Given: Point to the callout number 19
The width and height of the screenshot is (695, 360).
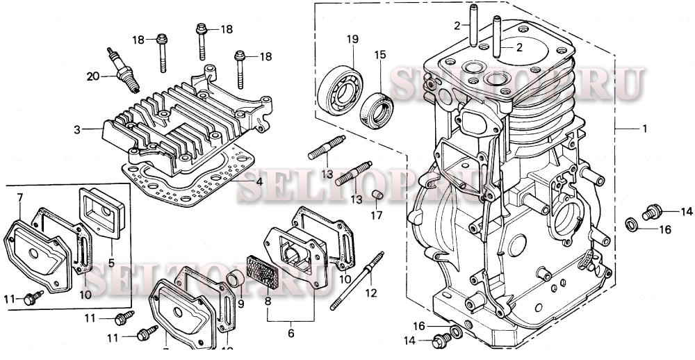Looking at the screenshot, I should point(352,40).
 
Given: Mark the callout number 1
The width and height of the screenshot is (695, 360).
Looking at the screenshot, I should point(644,129).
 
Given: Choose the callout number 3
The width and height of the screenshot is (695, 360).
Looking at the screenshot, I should point(78,129).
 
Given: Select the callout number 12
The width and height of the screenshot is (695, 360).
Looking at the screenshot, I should point(370,293).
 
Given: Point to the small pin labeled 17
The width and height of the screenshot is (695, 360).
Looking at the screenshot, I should point(376,194).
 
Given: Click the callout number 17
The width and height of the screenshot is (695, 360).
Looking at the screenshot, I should point(376,215).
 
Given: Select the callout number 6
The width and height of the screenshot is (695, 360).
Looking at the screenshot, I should point(291,334).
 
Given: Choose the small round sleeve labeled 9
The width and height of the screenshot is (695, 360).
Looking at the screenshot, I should point(236,280).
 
